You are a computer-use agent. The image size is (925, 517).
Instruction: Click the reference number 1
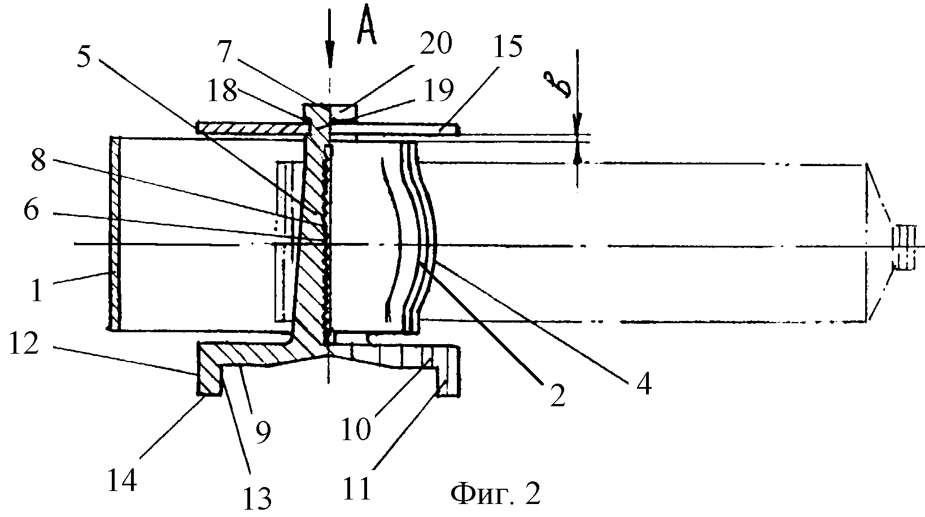[x=36, y=292]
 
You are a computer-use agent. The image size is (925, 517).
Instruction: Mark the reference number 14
[x=121, y=482]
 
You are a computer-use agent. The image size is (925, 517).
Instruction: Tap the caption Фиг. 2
[x=495, y=495]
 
